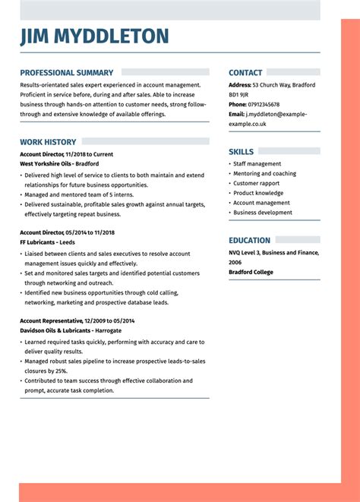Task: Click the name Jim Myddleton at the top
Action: (94, 36)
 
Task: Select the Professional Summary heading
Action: (67, 73)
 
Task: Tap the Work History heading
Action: (48, 142)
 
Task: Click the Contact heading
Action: (245, 73)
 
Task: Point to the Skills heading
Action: (242, 152)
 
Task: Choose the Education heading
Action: (249, 241)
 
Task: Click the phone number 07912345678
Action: (264, 104)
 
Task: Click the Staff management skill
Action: (257, 164)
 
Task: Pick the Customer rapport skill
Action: (256, 183)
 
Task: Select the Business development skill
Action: (262, 213)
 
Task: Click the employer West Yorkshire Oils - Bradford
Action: (59, 163)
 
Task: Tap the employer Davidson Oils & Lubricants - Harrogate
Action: (70, 330)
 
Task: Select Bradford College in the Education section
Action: (251, 272)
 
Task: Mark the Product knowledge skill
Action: (258, 193)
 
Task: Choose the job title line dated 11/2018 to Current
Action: (66, 154)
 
